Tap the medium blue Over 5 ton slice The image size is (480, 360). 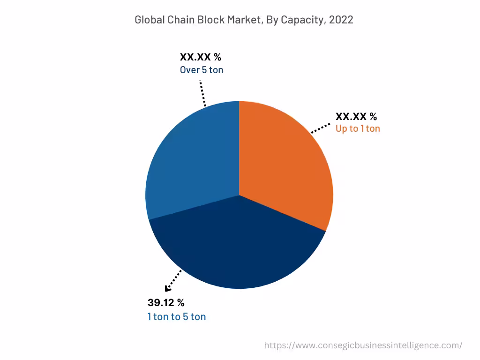pyautogui.click(x=192, y=159)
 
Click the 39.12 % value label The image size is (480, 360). pyautogui.click(x=166, y=302)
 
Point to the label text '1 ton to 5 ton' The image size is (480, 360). pyautogui.click(x=176, y=317)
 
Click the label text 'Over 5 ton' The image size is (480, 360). pyautogui.click(x=202, y=70)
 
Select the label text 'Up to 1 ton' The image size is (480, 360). pyautogui.click(x=358, y=128)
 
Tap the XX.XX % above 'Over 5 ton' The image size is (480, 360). pyautogui.click(x=200, y=57)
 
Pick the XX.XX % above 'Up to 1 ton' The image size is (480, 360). pyautogui.click(x=356, y=117)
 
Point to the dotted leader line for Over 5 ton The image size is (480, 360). pyautogui.click(x=203, y=93)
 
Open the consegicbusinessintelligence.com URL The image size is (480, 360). pyautogui.click(x=363, y=345)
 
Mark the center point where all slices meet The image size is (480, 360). pyautogui.click(x=239, y=195)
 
